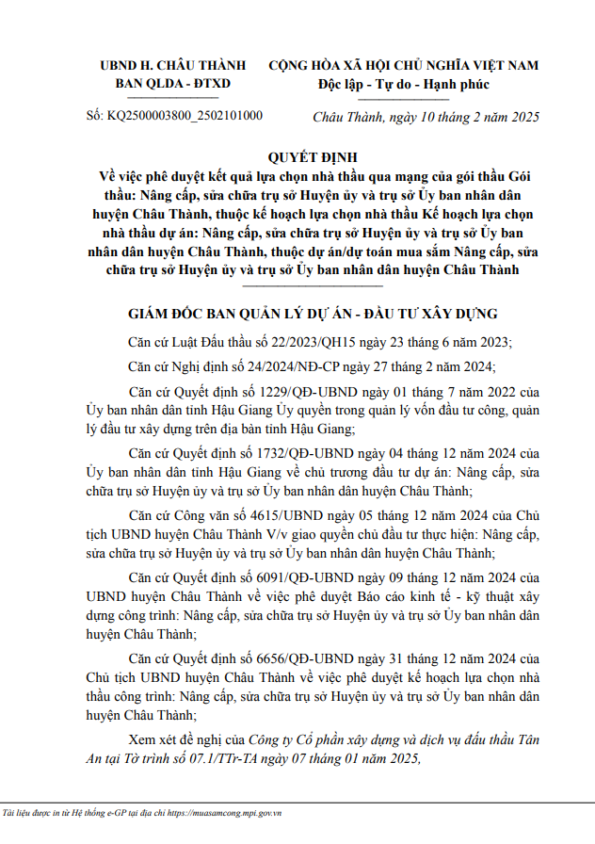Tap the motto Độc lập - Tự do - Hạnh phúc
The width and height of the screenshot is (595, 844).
coord(404,84)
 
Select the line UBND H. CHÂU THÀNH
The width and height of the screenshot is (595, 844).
coord(173,65)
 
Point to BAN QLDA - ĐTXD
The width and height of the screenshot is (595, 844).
coord(172,84)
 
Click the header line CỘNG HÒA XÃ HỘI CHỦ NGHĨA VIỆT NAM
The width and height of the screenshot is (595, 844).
coord(404,65)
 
